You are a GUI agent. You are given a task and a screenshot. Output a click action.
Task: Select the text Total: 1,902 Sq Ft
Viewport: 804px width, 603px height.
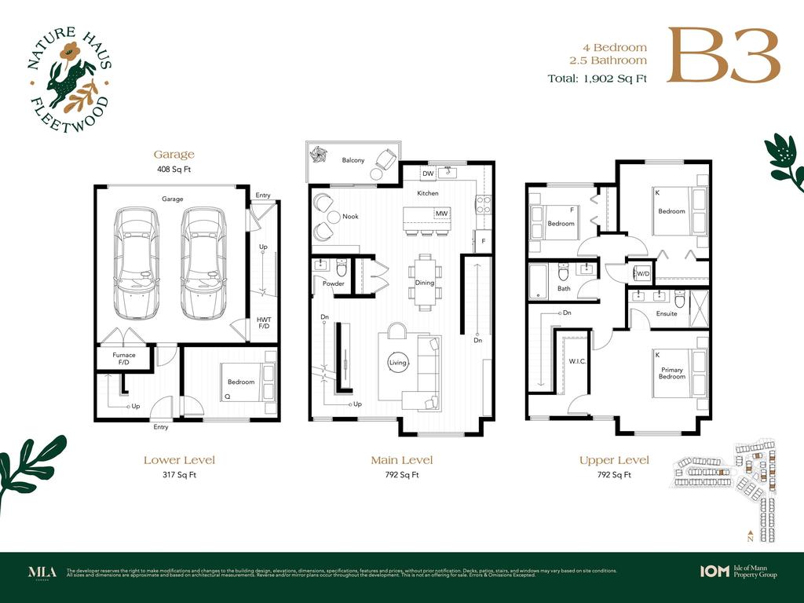[x=597, y=79]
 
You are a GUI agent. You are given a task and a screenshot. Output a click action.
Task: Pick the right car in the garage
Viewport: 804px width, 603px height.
[x=203, y=262]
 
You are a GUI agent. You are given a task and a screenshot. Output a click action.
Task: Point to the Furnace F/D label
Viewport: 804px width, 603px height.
[x=123, y=359]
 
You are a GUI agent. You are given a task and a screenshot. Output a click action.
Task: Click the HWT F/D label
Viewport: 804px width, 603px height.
[x=264, y=323]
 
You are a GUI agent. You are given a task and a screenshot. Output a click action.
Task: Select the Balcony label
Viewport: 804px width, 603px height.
[x=353, y=160]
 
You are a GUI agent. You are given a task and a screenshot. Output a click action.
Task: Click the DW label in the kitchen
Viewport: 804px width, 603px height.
[x=428, y=174]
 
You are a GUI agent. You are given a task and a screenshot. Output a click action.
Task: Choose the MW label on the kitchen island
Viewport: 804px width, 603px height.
[x=440, y=214]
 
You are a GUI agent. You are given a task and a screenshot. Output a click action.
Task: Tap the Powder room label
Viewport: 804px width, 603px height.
[x=333, y=283]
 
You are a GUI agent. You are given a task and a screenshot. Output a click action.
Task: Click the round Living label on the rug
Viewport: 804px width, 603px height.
[x=398, y=363]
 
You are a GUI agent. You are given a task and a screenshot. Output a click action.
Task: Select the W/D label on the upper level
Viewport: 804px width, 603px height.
[x=643, y=274]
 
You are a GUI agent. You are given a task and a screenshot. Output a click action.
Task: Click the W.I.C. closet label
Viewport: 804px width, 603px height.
[x=578, y=362]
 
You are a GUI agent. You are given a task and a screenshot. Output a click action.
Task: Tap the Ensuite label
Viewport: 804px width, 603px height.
[x=666, y=313]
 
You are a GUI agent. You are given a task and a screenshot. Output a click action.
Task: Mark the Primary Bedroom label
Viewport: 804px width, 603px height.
[x=672, y=373]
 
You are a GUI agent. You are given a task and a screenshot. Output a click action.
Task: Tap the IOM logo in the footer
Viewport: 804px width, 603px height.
[x=714, y=572]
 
